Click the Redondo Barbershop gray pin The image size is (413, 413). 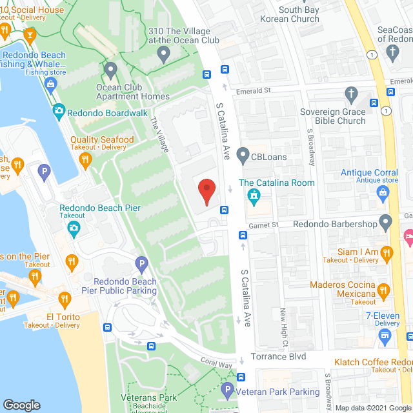click(x=386, y=224)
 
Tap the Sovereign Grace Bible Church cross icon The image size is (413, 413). click(x=351, y=94)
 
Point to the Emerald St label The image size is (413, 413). click(x=252, y=91)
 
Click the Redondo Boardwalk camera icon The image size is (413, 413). click(x=59, y=112)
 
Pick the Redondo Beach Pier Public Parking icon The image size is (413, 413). click(x=142, y=264)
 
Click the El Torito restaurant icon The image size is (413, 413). click(x=64, y=299)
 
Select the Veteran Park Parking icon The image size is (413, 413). click(x=227, y=390)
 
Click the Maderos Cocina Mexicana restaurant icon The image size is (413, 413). click(x=384, y=290)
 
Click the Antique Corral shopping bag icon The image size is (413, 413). click(x=382, y=191)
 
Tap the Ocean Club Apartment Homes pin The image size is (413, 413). click(x=110, y=69)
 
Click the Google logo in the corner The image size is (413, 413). click(x=22, y=405)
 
